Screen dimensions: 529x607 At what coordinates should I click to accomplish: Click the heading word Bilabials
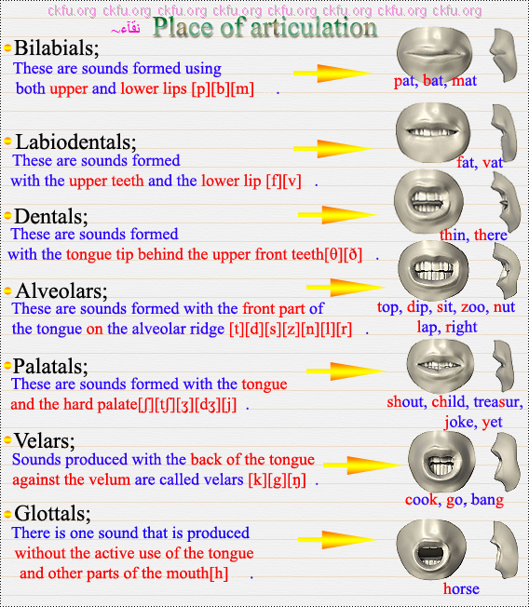click(57, 48)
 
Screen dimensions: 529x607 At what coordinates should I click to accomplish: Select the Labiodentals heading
click(75, 142)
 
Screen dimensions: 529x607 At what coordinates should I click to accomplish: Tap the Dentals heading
click(50, 216)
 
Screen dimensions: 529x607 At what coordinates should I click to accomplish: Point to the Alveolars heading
click(61, 290)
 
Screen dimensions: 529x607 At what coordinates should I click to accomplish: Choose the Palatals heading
click(50, 366)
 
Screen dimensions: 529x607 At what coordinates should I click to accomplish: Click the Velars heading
click(45, 441)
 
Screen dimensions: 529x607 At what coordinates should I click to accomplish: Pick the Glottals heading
click(53, 514)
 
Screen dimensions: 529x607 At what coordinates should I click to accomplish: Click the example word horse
click(461, 588)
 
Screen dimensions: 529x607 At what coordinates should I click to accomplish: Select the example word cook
click(421, 500)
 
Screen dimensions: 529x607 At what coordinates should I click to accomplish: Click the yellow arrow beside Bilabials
click(332, 74)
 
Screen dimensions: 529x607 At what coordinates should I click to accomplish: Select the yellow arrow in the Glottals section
click(337, 540)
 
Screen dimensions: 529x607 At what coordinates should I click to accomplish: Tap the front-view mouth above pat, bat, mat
click(435, 53)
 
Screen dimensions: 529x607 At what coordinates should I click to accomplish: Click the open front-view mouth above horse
click(431, 549)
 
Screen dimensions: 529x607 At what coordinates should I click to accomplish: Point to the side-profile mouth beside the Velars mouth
click(506, 462)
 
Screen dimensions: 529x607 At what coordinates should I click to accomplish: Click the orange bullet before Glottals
click(7, 514)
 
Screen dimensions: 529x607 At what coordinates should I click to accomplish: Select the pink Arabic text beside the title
click(126, 29)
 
